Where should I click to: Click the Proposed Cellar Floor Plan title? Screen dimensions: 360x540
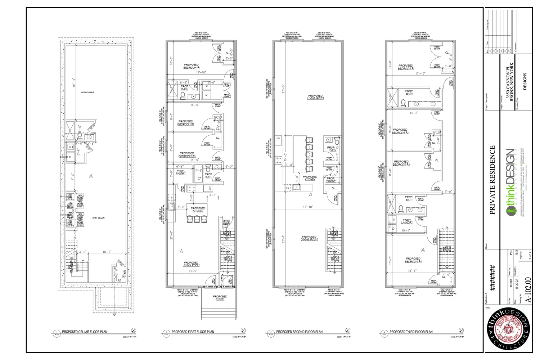(85, 332)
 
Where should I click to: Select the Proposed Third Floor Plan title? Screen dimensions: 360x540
(411, 332)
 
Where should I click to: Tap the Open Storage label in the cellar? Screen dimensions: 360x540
(87, 93)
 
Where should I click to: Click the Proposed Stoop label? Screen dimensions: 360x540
(220, 298)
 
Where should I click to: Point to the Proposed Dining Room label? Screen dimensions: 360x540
(310, 238)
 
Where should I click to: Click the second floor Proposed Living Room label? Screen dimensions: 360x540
(315, 97)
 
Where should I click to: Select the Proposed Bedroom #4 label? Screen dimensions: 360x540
(413, 260)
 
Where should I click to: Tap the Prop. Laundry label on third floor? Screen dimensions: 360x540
(407, 221)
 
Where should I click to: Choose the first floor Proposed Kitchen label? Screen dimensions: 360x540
(198, 210)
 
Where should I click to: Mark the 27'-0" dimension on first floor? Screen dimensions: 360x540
(172, 235)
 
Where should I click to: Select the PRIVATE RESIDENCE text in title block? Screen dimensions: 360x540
(492, 180)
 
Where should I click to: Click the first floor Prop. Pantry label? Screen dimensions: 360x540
(181, 172)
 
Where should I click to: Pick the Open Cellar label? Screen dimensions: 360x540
(98, 218)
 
